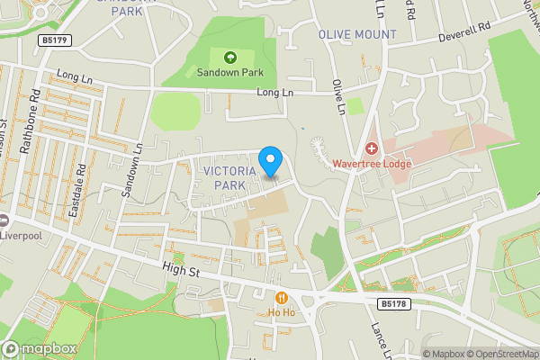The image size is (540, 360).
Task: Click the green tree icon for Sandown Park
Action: [x=229, y=58]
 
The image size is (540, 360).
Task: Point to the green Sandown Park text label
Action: [x=229, y=73]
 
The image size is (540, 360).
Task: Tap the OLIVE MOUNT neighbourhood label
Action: [x=357, y=34]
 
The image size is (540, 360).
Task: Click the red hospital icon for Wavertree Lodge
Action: [x=371, y=148]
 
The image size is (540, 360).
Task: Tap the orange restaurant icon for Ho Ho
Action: [x=282, y=298]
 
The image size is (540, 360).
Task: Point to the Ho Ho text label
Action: [x=282, y=312]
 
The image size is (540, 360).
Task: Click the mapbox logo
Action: [x=40, y=348]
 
